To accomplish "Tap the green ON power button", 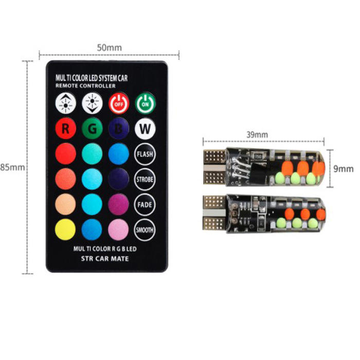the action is click(x=145, y=103).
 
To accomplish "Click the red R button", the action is click(x=65, y=129).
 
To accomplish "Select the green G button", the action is click(x=92, y=129).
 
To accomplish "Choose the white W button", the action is click(x=145, y=129).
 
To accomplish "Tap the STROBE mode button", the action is click(x=145, y=179).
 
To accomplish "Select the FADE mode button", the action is click(x=145, y=204).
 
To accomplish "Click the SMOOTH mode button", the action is click(x=145, y=229).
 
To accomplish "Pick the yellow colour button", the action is click(x=65, y=229).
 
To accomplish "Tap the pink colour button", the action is click(x=119, y=229).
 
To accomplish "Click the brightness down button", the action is click(x=92, y=103).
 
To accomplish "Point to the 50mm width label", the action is click(x=109, y=47).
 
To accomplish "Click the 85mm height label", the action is click(x=12, y=167).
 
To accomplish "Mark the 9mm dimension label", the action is click(x=344, y=168).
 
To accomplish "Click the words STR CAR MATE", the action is click(x=105, y=258).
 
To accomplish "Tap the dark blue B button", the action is click(x=119, y=129).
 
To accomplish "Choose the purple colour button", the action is click(x=119, y=204).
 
